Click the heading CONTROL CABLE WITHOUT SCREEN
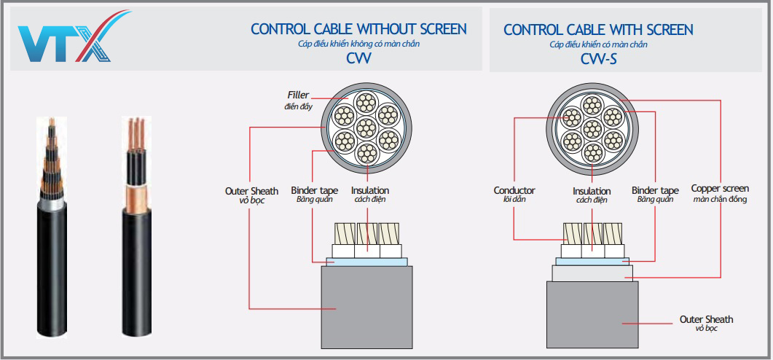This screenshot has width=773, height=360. tap(358, 29)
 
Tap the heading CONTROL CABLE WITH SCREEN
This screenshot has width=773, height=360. tap(598, 30)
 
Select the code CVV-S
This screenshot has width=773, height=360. tap(598, 59)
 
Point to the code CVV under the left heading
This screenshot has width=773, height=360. tap(358, 59)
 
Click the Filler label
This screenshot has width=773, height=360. tap(297, 95)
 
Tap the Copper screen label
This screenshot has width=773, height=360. tap(719, 189)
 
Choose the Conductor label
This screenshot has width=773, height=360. tap(514, 190)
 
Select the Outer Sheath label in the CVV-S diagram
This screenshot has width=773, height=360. tap(706, 319)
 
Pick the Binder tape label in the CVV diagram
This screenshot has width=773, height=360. tap(314, 191)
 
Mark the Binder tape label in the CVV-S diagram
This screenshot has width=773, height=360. tap(655, 190)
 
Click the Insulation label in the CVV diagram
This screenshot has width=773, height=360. tap(369, 191)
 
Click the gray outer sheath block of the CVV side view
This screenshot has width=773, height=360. tap(366, 306)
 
